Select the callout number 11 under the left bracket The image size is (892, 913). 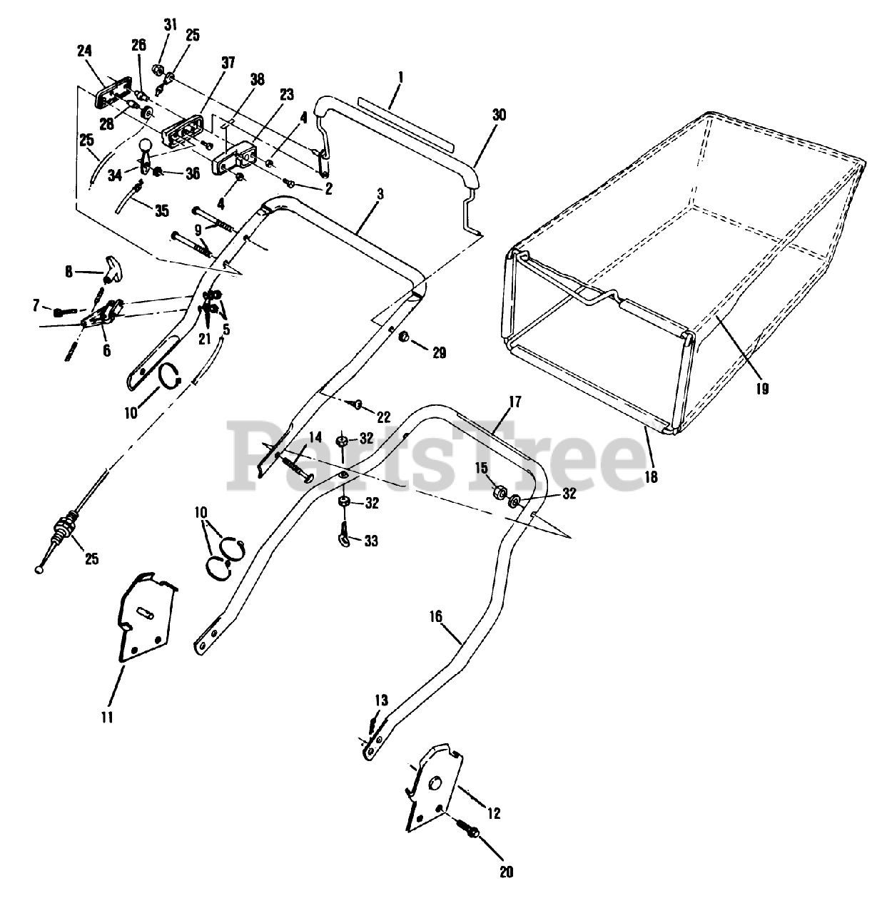[106, 717]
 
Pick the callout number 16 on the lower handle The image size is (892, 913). [436, 615]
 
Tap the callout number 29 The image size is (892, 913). [439, 352]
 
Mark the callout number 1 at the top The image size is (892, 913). [400, 74]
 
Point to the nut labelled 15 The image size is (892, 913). [500, 492]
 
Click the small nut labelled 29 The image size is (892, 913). [403, 336]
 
